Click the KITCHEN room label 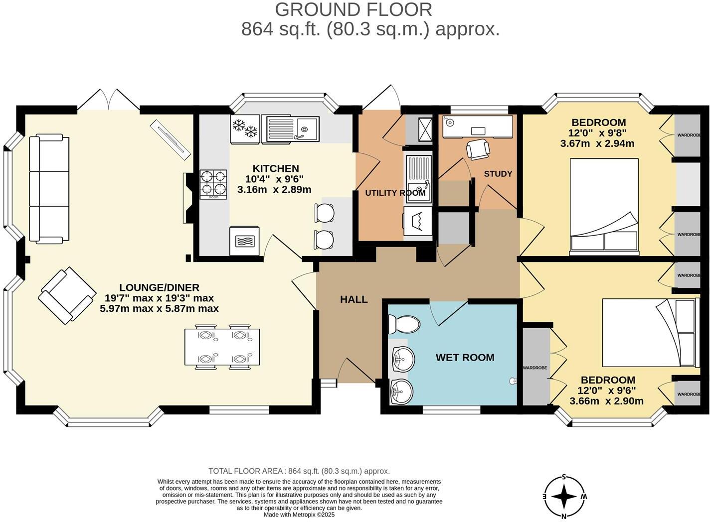click(275, 169)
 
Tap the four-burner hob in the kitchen click(213, 184)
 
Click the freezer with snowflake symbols click(245, 129)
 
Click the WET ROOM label click(465, 358)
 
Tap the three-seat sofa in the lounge click(49, 189)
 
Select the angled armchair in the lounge click(67, 296)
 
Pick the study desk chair click(478, 149)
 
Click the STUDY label click(498, 174)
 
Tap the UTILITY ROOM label click(395, 193)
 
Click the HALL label click(354, 299)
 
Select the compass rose click(564, 497)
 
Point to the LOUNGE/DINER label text click(159, 287)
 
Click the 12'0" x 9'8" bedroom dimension click(597, 133)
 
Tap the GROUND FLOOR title click(354, 9)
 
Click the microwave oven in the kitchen click(244, 241)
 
